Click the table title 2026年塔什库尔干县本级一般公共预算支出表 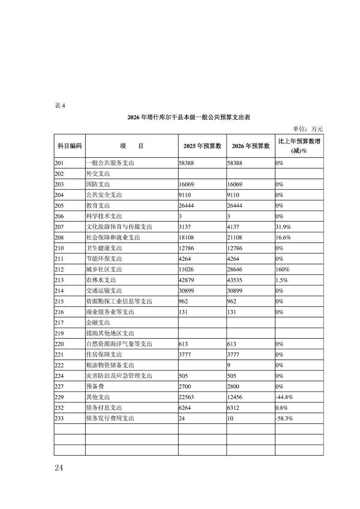pyautogui.click(x=189, y=117)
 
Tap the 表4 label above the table pyautogui.click(x=60, y=106)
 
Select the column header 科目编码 pyautogui.click(x=69, y=146)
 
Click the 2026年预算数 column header pyautogui.click(x=251, y=146)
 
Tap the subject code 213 pyautogui.click(x=59, y=280)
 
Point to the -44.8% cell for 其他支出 pyautogui.click(x=285, y=397)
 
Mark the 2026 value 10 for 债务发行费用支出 pyautogui.click(x=230, y=418)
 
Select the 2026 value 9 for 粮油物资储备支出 pyautogui.click(x=230, y=365)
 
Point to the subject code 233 pyautogui.click(x=59, y=418)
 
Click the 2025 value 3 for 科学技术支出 pyautogui.click(x=181, y=216)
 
